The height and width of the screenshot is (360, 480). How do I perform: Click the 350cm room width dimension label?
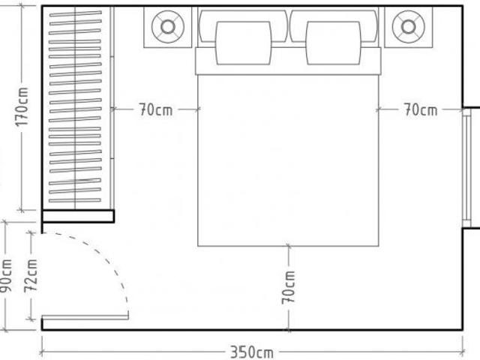point(252,352)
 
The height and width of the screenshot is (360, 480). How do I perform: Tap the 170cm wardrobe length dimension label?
point(22,106)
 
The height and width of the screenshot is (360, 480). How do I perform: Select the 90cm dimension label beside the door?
point(6,275)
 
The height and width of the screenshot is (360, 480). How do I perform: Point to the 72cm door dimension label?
point(31,276)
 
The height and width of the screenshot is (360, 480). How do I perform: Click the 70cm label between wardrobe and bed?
point(156,109)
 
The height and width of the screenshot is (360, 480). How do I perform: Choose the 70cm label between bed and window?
point(421,109)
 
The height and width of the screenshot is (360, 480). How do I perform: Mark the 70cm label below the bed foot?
point(288,288)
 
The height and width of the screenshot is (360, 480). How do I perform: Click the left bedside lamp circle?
point(168,27)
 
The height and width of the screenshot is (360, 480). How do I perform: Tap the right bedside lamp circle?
point(408,27)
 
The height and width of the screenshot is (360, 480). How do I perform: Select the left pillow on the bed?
point(243,43)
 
